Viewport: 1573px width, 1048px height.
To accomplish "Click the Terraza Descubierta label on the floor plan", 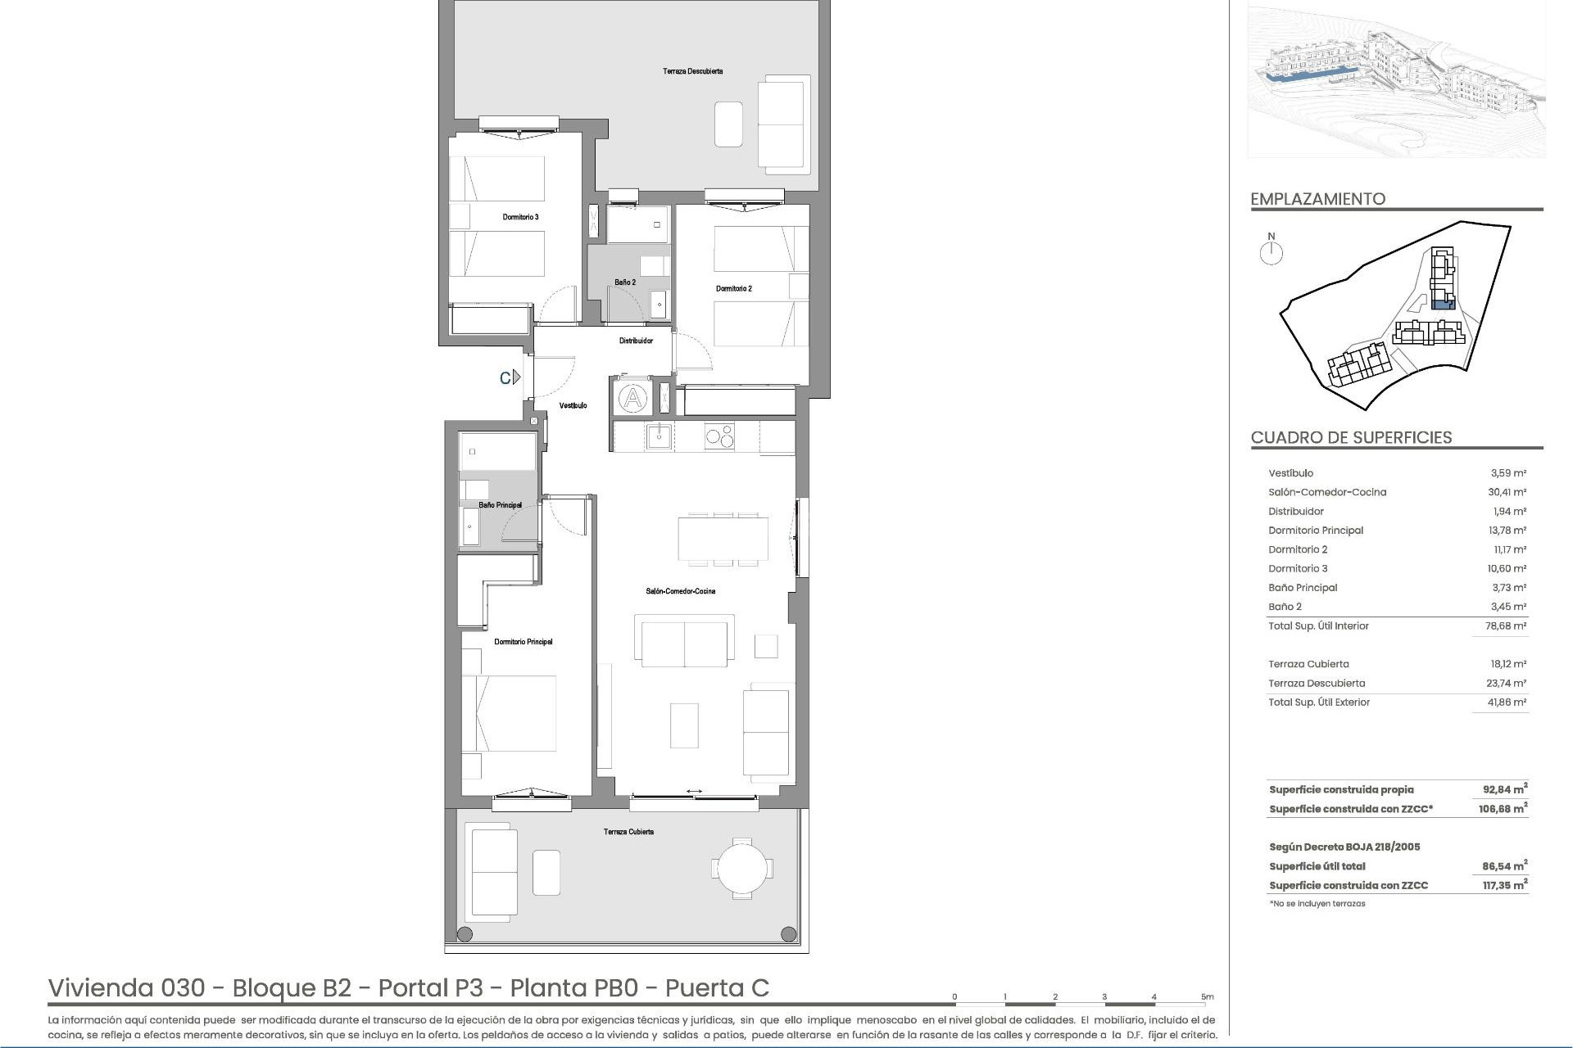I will tap(692, 71).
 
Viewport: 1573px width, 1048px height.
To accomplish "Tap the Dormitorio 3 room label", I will tap(520, 217).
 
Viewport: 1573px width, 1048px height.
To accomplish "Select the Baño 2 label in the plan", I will tap(625, 282).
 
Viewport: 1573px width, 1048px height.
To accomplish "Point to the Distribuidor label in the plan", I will tap(636, 341).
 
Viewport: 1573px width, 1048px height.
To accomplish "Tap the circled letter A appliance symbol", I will tap(632, 399).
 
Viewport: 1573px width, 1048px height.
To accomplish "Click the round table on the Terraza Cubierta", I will tap(741, 867).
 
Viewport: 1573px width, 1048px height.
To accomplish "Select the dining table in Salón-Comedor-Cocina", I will tap(723, 538).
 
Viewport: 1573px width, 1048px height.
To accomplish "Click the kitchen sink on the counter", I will tap(659, 436).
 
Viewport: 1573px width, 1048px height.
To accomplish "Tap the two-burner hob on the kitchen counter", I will tap(719, 436).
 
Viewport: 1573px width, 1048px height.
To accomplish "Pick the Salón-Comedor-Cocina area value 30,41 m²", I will tap(1507, 492).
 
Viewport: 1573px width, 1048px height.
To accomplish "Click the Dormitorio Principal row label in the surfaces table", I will tap(1315, 531).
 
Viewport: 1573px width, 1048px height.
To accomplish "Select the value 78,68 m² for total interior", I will tap(1507, 626).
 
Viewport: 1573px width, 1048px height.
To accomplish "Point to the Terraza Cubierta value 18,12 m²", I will tap(1507, 664).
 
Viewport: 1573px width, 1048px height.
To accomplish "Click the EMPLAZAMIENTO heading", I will tap(1317, 199).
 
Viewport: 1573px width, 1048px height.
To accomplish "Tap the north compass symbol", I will tap(1272, 252).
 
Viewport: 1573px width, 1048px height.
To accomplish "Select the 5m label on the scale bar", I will tap(1207, 997).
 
